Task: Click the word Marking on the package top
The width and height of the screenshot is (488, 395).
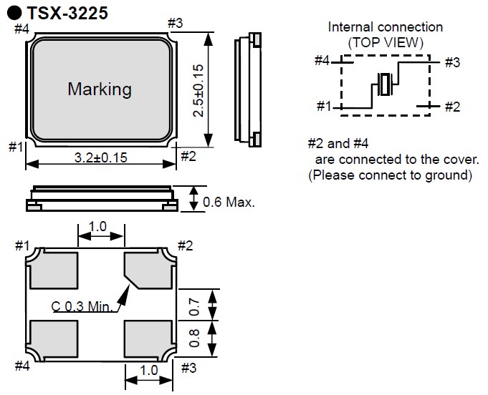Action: pyautogui.click(x=100, y=89)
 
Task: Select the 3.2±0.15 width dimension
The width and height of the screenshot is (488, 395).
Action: pyautogui.click(x=100, y=158)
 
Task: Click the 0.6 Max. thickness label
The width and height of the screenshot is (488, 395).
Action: pyautogui.click(x=229, y=203)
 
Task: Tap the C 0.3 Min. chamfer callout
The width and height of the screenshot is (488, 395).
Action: pyautogui.click(x=83, y=307)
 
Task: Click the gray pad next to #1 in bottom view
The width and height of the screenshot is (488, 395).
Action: pyautogui.click(x=54, y=269)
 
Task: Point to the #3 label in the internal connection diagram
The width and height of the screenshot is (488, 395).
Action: pyautogui.click(x=451, y=62)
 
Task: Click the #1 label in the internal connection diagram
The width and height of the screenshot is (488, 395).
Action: pyautogui.click(x=323, y=107)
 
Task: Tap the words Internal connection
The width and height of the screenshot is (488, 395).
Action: pyautogui.click(x=386, y=27)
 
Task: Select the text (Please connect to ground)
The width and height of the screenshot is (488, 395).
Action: pyautogui.click(x=391, y=175)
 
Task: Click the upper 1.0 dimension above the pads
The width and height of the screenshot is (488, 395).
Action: pyautogui.click(x=98, y=226)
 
